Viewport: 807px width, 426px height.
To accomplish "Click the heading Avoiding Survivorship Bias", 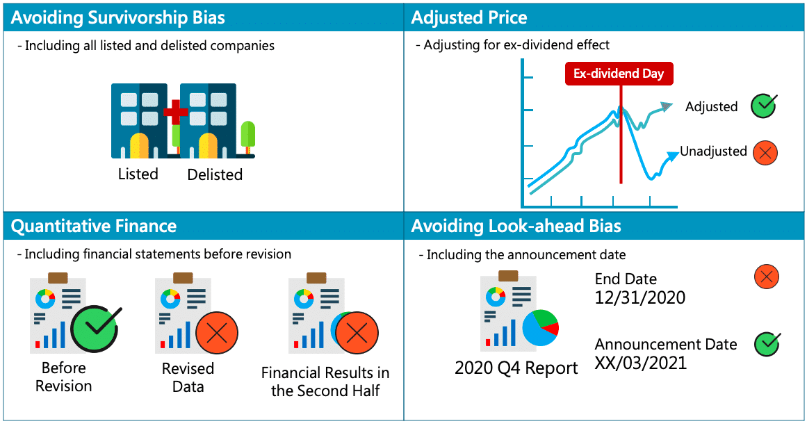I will click(x=118, y=17).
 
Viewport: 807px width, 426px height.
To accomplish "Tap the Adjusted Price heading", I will click(x=469, y=17).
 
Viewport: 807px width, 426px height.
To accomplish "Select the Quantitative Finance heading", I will click(x=94, y=226).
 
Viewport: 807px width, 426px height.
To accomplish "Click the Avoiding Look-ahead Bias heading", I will click(x=516, y=226).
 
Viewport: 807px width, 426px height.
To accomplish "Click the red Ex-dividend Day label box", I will click(x=619, y=74).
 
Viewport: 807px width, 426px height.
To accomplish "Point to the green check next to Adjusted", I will click(x=763, y=106).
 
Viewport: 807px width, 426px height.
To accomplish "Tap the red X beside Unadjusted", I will click(x=765, y=153).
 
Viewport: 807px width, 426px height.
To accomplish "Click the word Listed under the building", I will click(x=138, y=174).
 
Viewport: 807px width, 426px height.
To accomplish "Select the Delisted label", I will click(x=215, y=174).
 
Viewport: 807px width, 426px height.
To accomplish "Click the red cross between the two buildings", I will click(x=175, y=112).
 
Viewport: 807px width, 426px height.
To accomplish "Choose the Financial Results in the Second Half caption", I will click(x=325, y=382).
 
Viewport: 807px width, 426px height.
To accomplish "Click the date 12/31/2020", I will click(x=639, y=298).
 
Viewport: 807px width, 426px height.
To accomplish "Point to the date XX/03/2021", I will click(x=640, y=363).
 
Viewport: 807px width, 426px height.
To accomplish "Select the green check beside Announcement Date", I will click(x=767, y=343).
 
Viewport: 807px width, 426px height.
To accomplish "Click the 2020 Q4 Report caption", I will click(x=516, y=368).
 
